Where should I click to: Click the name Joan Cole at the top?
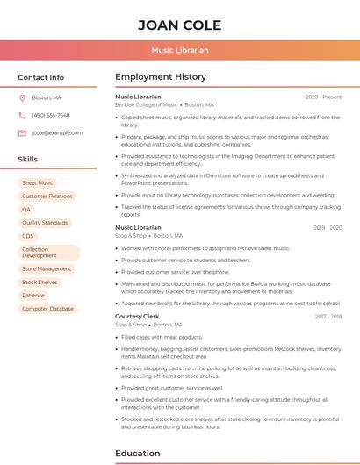(x=179, y=25)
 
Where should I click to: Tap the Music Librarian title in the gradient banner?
(x=179, y=51)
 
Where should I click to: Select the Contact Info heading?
(x=41, y=77)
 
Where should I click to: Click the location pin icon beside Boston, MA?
(x=22, y=97)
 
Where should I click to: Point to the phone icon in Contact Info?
(x=22, y=115)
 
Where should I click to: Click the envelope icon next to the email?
(x=22, y=133)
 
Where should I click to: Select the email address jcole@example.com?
(x=57, y=133)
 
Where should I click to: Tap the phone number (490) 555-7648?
(x=51, y=115)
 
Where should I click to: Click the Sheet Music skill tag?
(x=38, y=183)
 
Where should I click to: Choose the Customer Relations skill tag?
(x=47, y=197)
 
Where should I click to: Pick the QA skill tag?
(x=26, y=210)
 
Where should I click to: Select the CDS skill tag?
(x=28, y=236)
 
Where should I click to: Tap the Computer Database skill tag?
(x=48, y=309)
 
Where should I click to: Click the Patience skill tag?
(x=33, y=296)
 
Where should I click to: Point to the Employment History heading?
(x=161, y=77)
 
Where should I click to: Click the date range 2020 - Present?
(x=323, y=97)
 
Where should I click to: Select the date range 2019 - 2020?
(x=328, y=228)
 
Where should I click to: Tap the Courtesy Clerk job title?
(x=137, y=316)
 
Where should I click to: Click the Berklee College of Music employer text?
(x=146, y=104)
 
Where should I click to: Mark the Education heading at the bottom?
(x=138, y=453)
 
